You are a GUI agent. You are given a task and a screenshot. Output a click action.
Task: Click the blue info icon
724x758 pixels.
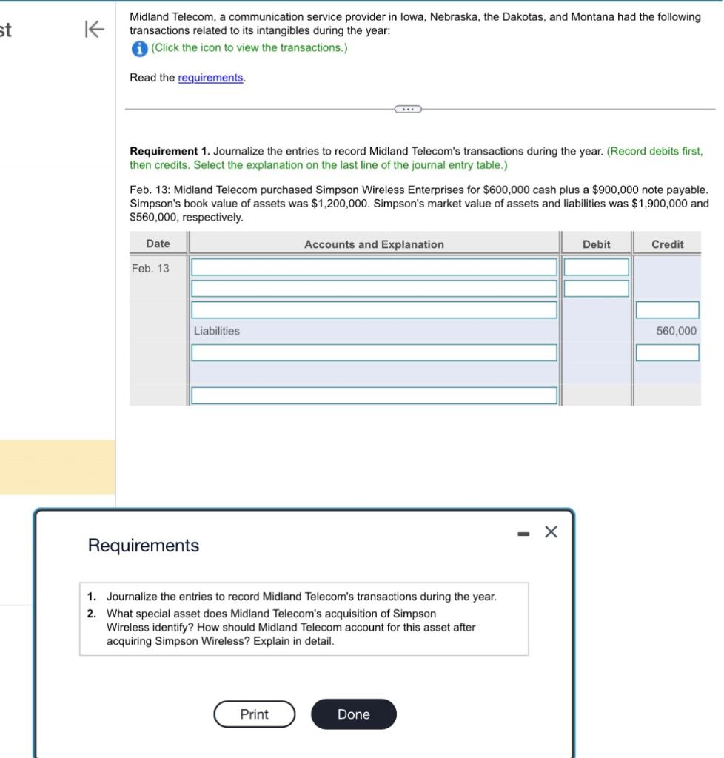(139, 48)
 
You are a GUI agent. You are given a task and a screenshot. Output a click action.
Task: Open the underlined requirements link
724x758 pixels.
(211, 78)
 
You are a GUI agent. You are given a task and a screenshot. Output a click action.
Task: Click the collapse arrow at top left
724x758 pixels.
(95, 29)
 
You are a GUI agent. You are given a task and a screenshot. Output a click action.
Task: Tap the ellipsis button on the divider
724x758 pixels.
(407, 110)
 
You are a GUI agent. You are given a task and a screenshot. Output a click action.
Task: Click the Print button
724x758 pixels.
(254, 714)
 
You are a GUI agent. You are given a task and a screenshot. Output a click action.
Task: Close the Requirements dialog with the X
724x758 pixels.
(550, 531)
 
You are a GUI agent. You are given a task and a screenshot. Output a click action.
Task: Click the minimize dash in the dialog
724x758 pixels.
(523, 532)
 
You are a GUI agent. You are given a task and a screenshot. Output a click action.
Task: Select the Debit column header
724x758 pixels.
(596, 244)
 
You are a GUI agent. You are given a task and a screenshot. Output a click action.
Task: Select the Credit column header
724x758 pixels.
(667, 244)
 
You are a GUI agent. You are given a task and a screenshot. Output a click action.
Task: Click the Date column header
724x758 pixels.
(158, 244)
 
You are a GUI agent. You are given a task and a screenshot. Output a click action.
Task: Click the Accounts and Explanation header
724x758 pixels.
(374, 244)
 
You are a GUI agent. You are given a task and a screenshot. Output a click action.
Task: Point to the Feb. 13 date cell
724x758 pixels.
(150, 269)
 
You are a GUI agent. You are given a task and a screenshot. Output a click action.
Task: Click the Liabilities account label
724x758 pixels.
(217, 331)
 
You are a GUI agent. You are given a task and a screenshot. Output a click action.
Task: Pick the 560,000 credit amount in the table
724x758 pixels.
(676, 331)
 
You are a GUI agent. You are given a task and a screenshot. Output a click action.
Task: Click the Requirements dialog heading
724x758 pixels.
(144, 546)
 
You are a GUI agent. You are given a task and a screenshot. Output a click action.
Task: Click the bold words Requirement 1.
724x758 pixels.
(170, 151)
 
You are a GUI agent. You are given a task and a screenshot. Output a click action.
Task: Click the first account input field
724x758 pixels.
(374, 267)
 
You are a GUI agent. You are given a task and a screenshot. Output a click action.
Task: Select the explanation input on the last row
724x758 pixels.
(374, 395)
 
